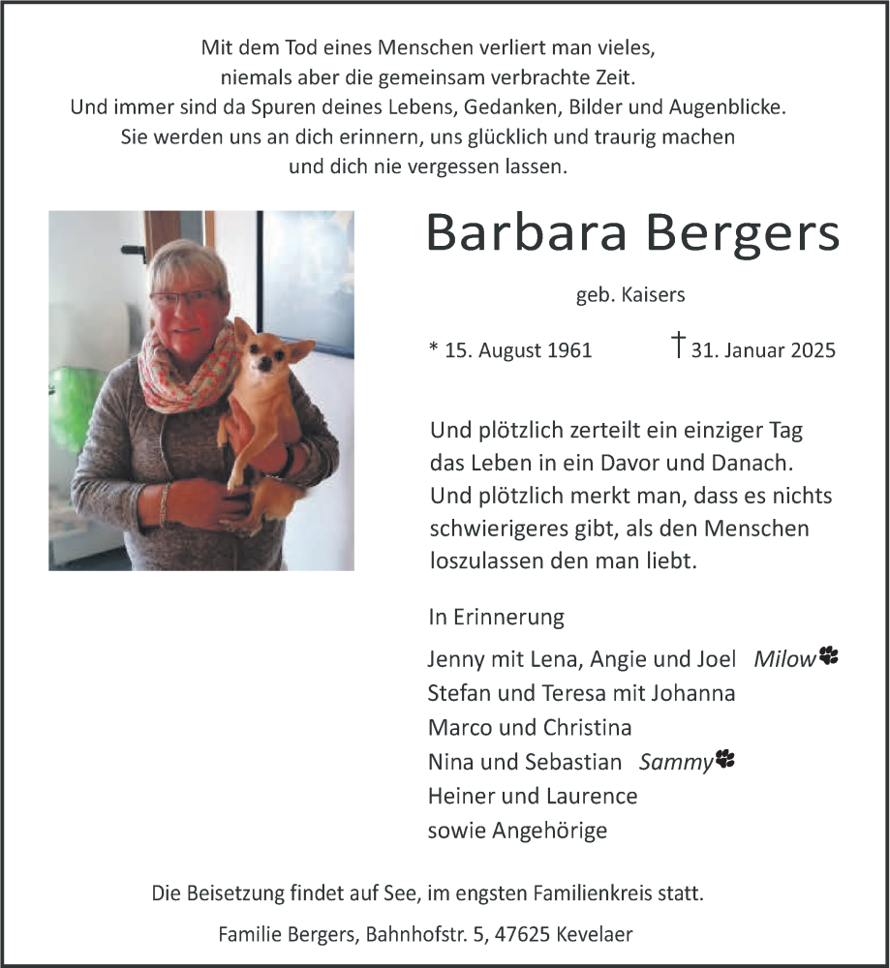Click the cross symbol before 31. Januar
(679, 345)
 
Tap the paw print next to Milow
(828, 656)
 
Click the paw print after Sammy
(725, 760)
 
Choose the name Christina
(587, 728)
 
